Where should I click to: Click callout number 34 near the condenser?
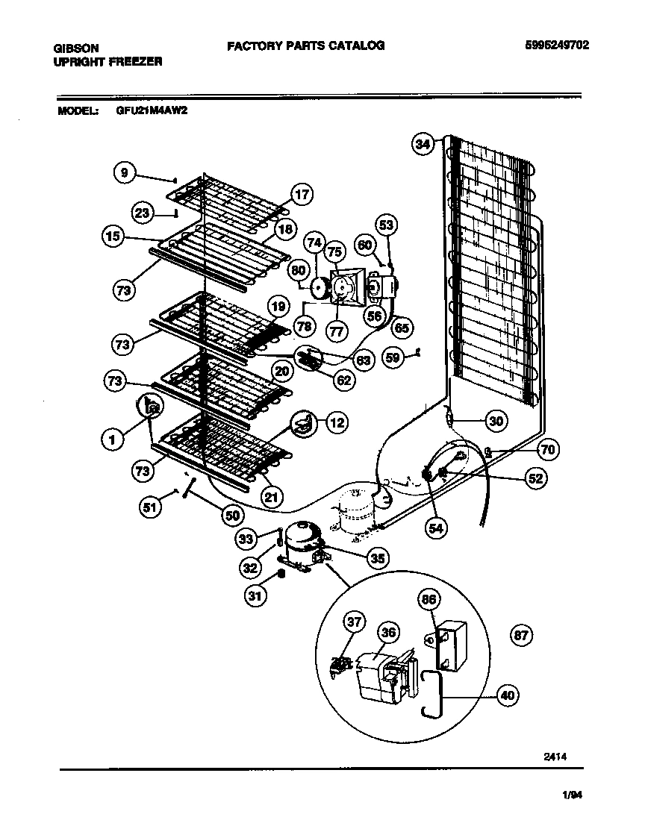(x=423, y=145)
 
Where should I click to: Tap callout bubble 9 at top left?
(x=125, y=172)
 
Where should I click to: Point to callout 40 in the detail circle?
(x=508, y=695)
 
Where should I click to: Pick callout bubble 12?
(x=337, y=423)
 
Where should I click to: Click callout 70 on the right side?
(x=548, y=450)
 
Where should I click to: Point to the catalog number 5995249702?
(x=557, y=45)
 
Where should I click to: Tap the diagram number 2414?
(x=556, y=755)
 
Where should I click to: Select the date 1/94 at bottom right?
(x=570, y=795)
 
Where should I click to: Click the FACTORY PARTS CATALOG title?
(x=305, y=46)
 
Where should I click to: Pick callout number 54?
(x=436, y=528)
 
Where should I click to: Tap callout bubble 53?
(x=386, y=225)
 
